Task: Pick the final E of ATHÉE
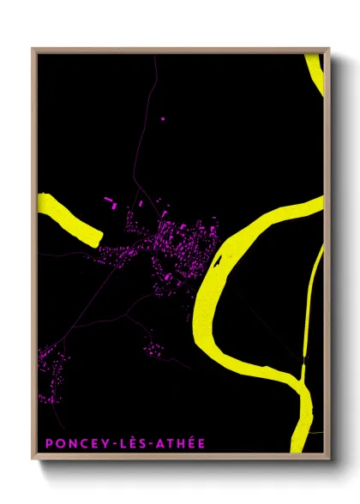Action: (x=201, y=443)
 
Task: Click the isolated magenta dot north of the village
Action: (x=162, y=118)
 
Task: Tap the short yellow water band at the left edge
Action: (x=69, y=218)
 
